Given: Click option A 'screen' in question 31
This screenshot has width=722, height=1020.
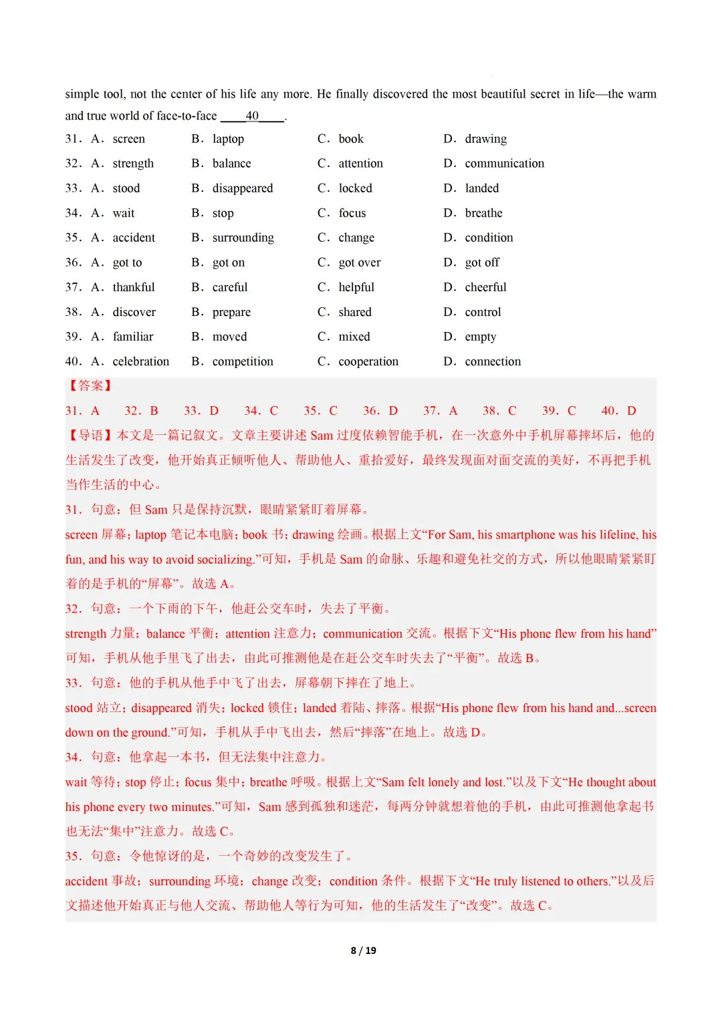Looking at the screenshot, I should pyautogui.click(x=128, y=139).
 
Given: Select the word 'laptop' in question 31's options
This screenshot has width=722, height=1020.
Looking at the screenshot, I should pyautogui.click(x=228, y=139).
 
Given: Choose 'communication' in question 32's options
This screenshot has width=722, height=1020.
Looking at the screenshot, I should pyautogui.click(x=504, y=164).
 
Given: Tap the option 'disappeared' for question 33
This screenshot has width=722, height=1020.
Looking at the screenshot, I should pyautogui.click(x=243, y=188).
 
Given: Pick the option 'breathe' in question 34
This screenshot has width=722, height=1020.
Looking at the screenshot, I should pyautogui.click(x=483, y=213).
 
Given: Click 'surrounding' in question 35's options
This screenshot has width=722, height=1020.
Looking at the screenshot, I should pyautogui.click(x=243, y=238).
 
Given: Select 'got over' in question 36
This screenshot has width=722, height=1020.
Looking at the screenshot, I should pyautogui.click(x=359, y=263).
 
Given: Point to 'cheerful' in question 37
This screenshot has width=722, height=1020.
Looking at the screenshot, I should pyautogui.click(x=485, y=287).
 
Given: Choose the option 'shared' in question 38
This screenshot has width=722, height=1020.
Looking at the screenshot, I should pyautogui.click(x=354, y=312).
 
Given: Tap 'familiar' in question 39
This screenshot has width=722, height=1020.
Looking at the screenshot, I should pyautogui.click(x=133, y=337).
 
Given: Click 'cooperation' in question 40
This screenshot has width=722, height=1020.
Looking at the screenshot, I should pyautogui.click(x=368, y=361).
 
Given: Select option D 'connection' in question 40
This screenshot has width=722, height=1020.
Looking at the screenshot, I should pyautogui.click(x=492, y=361).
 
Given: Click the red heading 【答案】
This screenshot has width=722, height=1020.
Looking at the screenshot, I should pyautogui.click(x=90, y=386).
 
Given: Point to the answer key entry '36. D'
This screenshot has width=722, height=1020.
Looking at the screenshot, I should pyautogui.click(x=380, y=411).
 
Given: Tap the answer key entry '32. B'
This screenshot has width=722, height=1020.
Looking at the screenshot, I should pyautogui.click(x=141, y=411).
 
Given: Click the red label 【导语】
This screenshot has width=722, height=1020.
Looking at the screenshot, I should pyautogui.click(x=90, y=436).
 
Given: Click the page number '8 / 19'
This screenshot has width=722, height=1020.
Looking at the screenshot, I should pyautogui.click(x=363, y=951).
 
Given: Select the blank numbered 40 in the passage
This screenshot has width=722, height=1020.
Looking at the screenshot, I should pyautogui.click(x=252, y=116).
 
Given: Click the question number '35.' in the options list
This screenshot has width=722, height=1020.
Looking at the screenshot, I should pyautogui.click(x=73, y=238).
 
